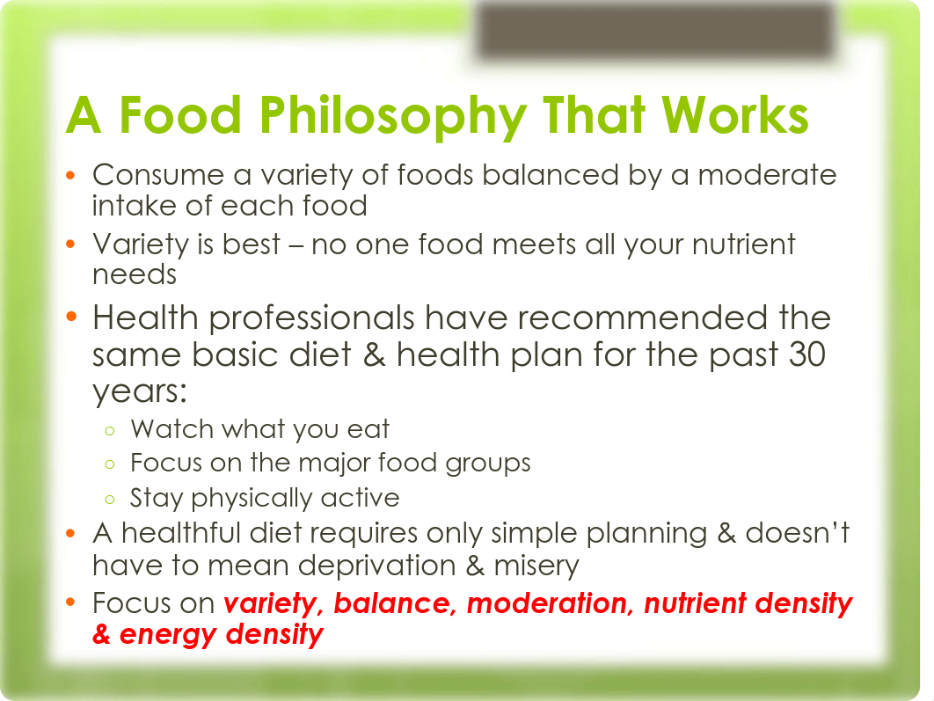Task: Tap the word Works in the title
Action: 734,116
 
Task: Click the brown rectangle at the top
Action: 654,32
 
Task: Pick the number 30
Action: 808,354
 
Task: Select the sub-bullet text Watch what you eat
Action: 260,429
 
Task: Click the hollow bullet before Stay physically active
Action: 108,499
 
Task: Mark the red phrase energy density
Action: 222,634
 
